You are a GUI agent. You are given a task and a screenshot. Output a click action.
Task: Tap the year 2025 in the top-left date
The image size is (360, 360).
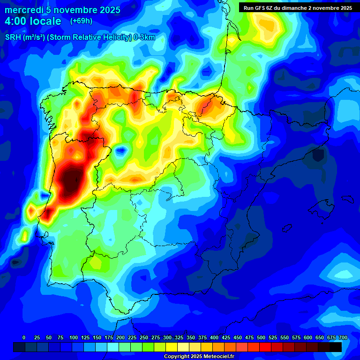coord(107,10)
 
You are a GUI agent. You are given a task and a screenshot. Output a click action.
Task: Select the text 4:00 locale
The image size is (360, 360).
coord(33,22)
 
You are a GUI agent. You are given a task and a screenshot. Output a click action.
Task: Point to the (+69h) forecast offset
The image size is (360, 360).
coord(81,21)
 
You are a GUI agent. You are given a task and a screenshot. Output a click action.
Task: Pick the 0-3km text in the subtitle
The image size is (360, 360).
coord(144,38)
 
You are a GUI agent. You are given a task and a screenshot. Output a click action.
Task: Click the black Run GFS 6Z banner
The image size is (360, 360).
coord(296,8)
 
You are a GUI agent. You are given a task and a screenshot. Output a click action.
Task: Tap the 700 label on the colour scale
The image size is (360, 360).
coord(343,337)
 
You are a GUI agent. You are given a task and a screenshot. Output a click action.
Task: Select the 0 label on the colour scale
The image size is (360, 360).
coord(24,337)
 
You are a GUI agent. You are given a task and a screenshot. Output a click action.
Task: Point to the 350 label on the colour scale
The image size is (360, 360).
coord(191,337)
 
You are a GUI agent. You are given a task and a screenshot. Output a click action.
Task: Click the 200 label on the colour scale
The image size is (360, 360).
coord(120,337)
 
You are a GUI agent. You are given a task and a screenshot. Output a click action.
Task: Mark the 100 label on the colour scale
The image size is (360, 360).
coord(74,337)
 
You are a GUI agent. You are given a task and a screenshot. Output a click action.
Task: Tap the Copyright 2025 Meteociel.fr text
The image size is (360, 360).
coord(198,356)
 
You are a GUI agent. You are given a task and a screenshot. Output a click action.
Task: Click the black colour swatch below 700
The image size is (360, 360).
coord(336,347)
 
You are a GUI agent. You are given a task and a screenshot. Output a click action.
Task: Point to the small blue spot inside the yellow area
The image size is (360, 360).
coord(121,150)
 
